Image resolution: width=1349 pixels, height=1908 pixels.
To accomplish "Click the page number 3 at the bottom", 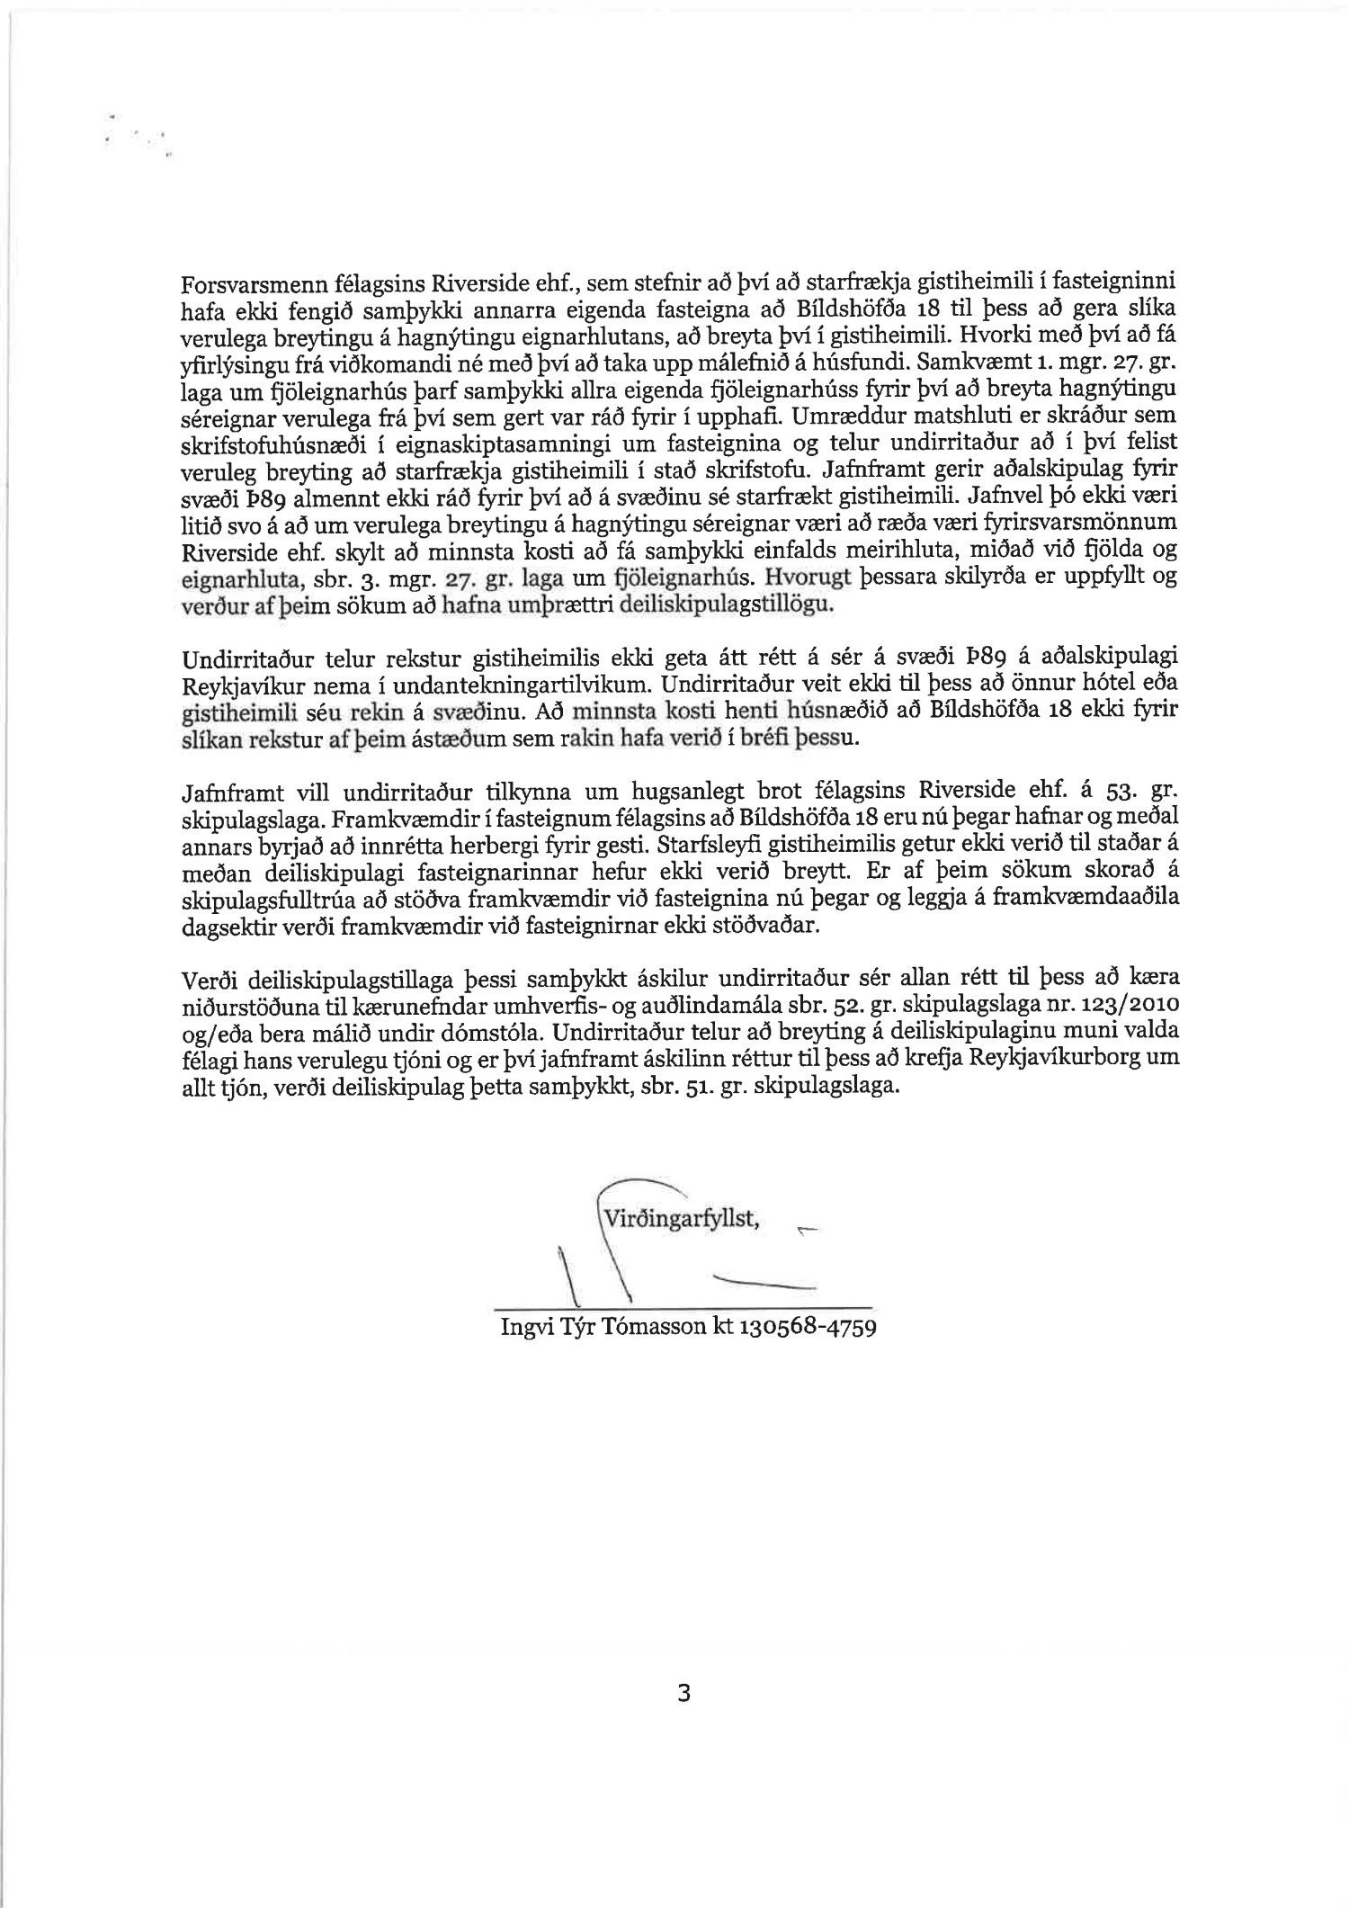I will [x=683, y=1693].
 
